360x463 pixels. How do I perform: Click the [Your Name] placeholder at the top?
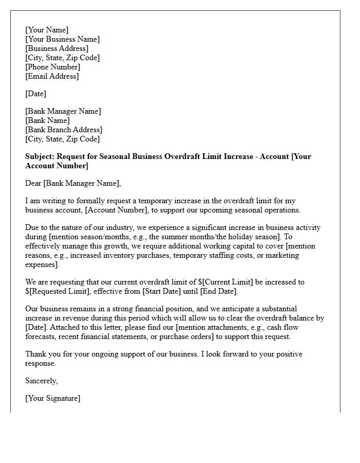[x=47, y=30]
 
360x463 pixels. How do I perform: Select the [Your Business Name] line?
[x=62, y=39]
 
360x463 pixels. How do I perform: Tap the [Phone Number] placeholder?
[x=52, y=67]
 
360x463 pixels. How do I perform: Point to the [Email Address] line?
[x=52, y=76]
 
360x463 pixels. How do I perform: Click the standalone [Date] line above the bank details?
[x=35, y=94]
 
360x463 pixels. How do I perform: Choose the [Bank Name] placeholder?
[x=47, y=120]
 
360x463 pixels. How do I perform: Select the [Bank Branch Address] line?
[x=64, y=130]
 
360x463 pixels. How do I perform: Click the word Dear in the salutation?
[x=33, y=183]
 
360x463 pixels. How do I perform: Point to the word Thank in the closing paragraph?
[x=35, y=354]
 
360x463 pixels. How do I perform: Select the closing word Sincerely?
[x=41, y=381]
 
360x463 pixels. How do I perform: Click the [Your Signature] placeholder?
[x=52, y=398]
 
